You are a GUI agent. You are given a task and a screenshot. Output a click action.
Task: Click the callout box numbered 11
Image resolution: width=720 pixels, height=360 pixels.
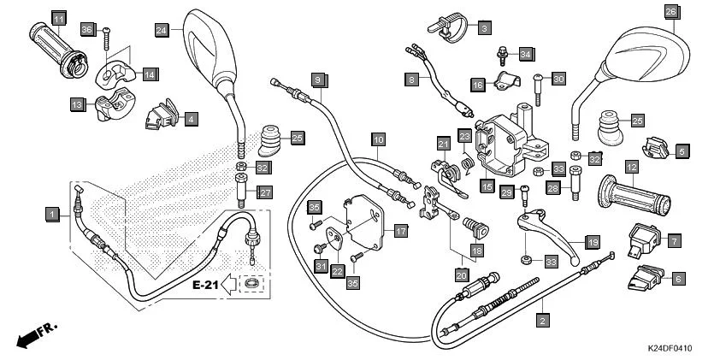tap(58, 19)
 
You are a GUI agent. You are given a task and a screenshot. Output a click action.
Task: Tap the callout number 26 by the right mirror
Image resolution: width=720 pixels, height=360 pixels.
tap(671, 11)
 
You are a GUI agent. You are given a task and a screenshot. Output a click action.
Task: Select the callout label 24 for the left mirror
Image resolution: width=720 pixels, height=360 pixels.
tap(162, 29)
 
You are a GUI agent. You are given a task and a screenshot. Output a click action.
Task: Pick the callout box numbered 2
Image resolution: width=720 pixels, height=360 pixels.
tap(542, 321)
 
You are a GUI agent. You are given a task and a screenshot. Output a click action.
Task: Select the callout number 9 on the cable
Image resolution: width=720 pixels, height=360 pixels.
tap(316, 80)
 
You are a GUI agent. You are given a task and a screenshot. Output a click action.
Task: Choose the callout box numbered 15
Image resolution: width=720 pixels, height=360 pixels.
tap(487, 185)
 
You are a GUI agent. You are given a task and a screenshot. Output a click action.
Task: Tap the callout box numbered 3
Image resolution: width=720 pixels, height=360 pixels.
tap(484, 28)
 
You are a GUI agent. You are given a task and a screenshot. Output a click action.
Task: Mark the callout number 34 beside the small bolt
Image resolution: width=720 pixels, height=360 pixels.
tap(525, 55)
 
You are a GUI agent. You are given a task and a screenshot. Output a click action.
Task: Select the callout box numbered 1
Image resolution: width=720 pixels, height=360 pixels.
tap(53, 214)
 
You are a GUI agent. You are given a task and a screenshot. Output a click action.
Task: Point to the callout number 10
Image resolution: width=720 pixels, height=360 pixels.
tap(378, 139)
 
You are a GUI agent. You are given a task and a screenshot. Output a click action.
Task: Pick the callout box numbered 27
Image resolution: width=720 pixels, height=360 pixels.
tap(265, 192)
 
